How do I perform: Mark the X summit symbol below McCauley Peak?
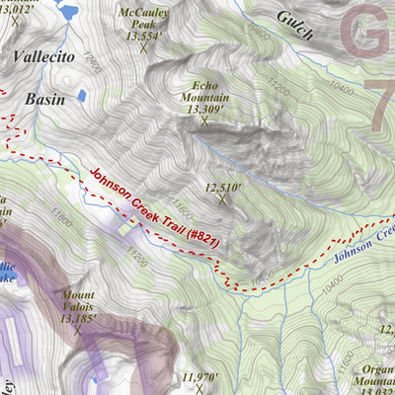[x=143, y=47]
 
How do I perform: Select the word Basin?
[x=45, y=100]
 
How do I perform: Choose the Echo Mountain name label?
[x=204, y=92]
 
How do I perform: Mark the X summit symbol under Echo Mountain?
[x=204, y=120]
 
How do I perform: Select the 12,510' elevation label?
[x=222, y=186]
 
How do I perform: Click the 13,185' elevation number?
[x=80, y=319]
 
